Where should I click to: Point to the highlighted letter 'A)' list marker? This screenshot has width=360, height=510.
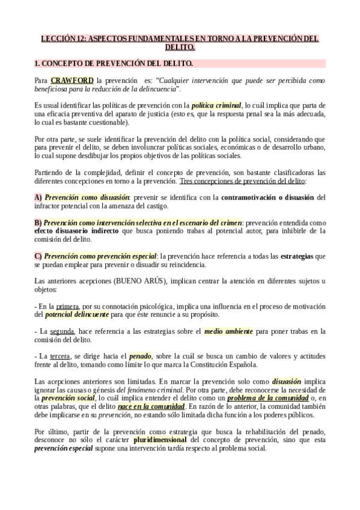[x=38, y=197]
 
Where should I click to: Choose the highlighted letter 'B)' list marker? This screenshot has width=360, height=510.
[x=38, y=223]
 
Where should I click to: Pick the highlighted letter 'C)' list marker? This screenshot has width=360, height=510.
[x=38, y=256]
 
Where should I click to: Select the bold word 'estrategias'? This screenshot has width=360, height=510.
[x=301, y=256]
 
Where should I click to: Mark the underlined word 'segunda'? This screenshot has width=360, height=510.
[x=62, y=331]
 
